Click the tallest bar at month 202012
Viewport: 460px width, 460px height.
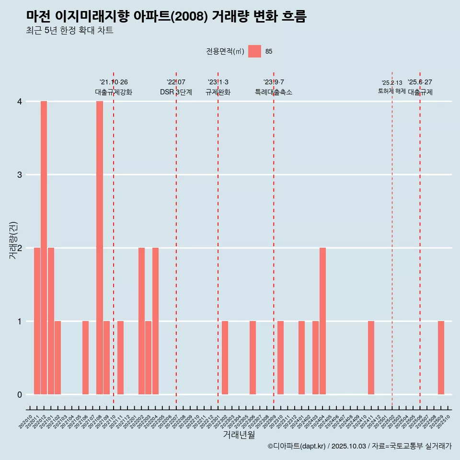point(44,247)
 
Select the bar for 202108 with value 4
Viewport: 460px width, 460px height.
point(100,247)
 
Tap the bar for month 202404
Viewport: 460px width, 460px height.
point(322,321)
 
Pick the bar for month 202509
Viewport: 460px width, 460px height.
point(441,357)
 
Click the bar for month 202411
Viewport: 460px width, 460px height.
point(371,357)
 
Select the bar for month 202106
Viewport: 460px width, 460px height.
point(85,357)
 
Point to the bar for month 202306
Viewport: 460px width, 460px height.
point(253,357)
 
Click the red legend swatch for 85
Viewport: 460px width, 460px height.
point(254,51)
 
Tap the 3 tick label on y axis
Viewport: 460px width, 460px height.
point(20,174)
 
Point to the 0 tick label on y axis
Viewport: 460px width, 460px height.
point(20,394)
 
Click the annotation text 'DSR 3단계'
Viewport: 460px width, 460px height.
point(176,92)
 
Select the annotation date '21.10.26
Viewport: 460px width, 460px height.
point(114,82)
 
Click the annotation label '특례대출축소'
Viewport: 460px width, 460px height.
point(274,92)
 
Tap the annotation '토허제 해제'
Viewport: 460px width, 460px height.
point(391,91)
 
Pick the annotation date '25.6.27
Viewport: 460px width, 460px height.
point(420,82)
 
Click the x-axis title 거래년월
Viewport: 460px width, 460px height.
point(239,435)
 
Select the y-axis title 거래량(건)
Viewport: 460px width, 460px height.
point(13,240)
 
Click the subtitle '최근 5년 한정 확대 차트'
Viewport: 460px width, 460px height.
point(69,31)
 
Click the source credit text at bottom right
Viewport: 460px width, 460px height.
point(359,446)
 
